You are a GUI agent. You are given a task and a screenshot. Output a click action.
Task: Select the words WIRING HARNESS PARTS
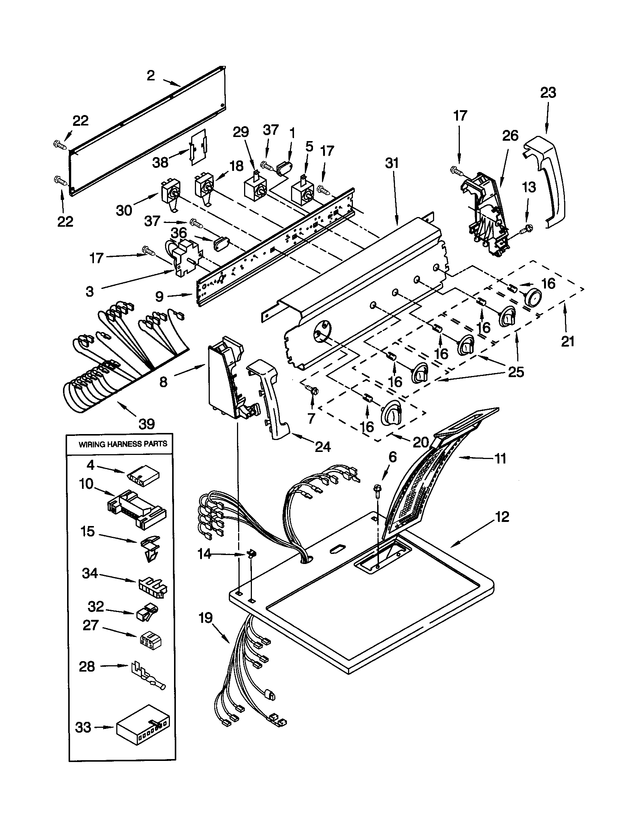point(123,444)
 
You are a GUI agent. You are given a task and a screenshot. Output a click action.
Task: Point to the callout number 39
point(147,424)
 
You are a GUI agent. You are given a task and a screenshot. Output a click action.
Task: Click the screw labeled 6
point(377,492)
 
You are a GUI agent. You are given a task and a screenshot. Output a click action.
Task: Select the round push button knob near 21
point(533,298)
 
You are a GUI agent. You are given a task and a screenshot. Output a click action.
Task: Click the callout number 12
point(502,517)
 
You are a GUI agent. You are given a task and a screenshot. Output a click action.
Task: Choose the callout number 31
point(392,163)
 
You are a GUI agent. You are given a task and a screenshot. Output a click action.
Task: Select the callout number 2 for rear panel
point(151,76)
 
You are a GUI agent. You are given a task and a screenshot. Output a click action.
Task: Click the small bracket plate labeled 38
point(198,147)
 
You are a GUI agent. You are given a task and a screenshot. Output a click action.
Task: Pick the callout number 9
point(159,297)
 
